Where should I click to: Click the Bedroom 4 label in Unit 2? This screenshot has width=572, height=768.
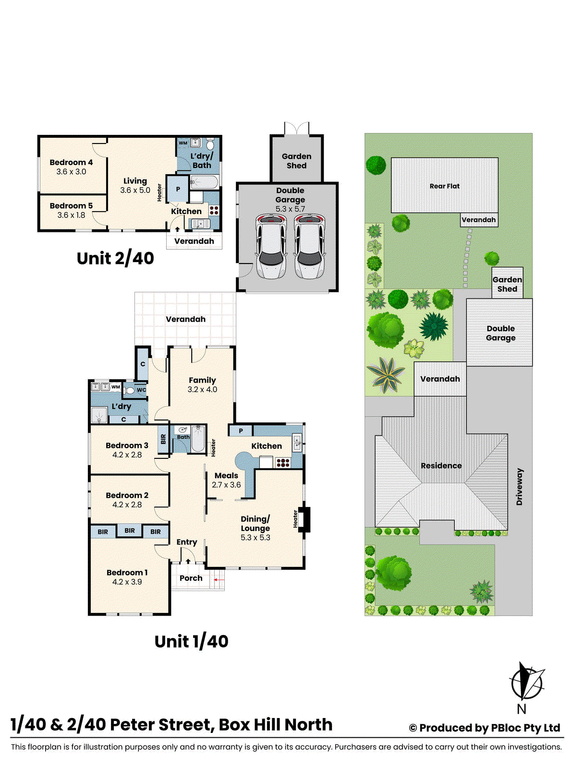click(x=71, y=162)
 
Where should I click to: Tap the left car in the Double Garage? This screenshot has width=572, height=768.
click(x=271, y=246)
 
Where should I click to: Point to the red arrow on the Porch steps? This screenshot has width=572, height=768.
click(x=219, y=580)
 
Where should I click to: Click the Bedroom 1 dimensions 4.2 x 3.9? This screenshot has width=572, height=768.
click(x=127, y=582)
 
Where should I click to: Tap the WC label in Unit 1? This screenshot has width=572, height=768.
click(x=141, y=390)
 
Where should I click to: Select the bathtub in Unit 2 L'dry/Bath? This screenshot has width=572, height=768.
click(x=205, y=181)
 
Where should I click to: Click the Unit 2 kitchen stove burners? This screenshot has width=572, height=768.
click(x=214, y=210)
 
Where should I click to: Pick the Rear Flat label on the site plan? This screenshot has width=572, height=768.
click(x=444, y=186)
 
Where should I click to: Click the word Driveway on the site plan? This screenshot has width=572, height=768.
click(x=519, y=487)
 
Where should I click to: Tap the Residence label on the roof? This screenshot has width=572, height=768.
click(x=441, y=466)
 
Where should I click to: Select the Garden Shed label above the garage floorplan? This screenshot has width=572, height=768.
click(x=296, y=161)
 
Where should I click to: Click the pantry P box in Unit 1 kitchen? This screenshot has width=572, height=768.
click(x=241, y=431)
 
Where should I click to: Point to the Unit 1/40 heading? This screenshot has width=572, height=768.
click(x=191, y=641)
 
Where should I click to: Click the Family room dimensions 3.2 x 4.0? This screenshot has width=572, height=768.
click(x=202, y=389)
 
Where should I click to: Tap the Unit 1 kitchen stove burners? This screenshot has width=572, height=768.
click(x=282, y=463)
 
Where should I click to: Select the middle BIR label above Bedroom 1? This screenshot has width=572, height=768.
click(x=130, y=530)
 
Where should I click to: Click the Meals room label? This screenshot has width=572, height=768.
click(x=226, y=475)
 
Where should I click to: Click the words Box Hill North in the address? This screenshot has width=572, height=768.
click(x=275, y=724)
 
